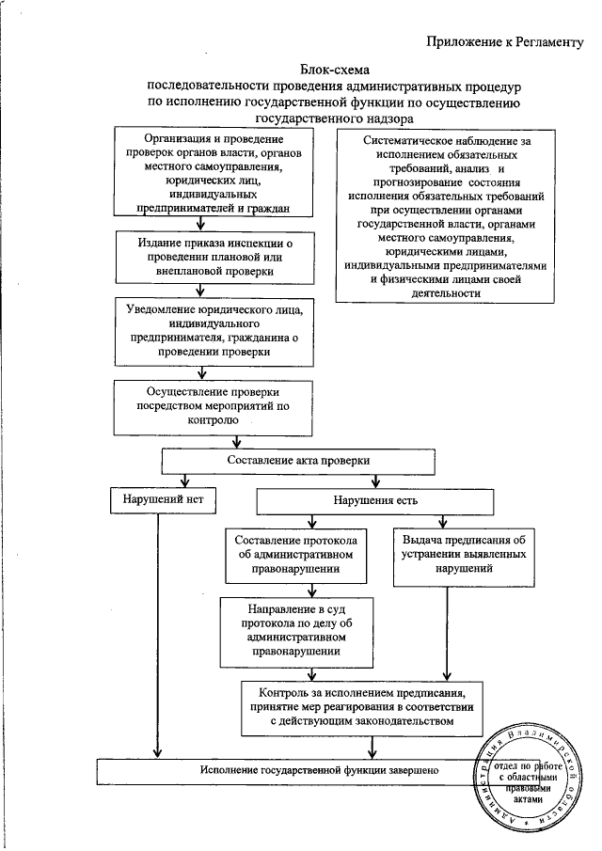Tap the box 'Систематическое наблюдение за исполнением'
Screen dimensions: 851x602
pyautogui.click(x=447, y=214)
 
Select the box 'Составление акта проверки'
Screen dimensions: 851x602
pyautogui.click(x=299, y=461)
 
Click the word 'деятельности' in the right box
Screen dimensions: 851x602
pyautogui.click(x=447, y=292)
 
